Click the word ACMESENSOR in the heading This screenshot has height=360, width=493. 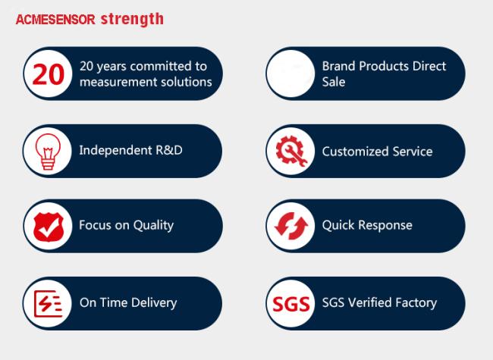(x=55, y=20)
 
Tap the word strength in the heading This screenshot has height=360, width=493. (x=132, y=19)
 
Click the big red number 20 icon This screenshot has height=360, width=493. (x=48, y=74)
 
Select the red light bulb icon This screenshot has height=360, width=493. (x=48, y=152)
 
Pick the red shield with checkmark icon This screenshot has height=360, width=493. (x=49, y=227)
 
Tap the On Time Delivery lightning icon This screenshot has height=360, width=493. (x=48, y=303)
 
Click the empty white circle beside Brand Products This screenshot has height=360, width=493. (x=290, y=74)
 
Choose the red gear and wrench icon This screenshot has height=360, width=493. (x=291, y=151)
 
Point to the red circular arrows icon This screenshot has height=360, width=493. (x=291, y=226)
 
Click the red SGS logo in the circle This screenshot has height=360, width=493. (x=291, y=304)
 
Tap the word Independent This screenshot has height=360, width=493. (x=115, y=150)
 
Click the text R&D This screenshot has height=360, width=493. (x=169, y=150)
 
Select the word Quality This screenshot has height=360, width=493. (x=153, y=226)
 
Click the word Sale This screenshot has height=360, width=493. (x=334, y=82)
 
